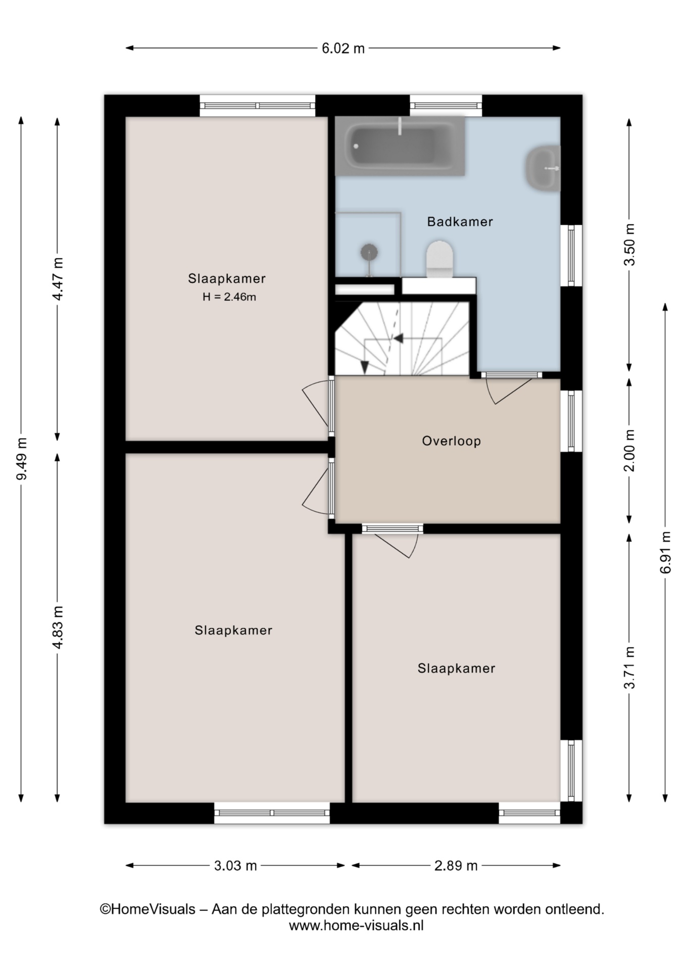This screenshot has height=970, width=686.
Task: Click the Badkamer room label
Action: click(460, 222)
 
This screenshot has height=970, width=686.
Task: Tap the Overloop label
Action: click(452, 441)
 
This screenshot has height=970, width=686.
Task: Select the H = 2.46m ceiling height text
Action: click(229, 297)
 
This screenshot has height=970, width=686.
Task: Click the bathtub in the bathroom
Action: click(400, 146)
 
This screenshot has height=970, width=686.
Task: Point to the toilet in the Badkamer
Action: click(440, 259)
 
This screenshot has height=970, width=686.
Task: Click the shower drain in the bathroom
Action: click(369, 252)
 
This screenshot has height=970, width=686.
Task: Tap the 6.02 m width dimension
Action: click(343, 48)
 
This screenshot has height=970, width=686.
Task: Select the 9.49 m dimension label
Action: click(22, 459)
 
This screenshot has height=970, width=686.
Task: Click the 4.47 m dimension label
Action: click(58, 279)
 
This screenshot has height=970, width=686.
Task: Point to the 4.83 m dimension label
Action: click(58, 627)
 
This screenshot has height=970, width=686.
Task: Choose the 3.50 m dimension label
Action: click(629, 245)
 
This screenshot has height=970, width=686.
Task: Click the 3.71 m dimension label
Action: click(629, 668)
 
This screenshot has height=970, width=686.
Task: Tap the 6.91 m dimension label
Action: click(665, 553)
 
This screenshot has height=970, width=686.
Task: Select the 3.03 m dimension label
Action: click(235, 866)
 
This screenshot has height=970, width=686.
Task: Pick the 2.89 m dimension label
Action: click(456, 866)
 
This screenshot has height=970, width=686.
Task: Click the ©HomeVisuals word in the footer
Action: click(148, 909)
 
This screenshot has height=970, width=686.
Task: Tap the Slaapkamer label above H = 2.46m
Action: click(227, 278)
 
